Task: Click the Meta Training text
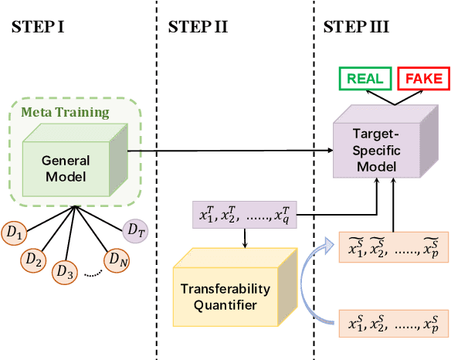pos(65,113)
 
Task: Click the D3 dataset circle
pos(66,272)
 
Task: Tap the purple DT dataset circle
pos(136,229)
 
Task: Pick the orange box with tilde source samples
pos(394,247)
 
